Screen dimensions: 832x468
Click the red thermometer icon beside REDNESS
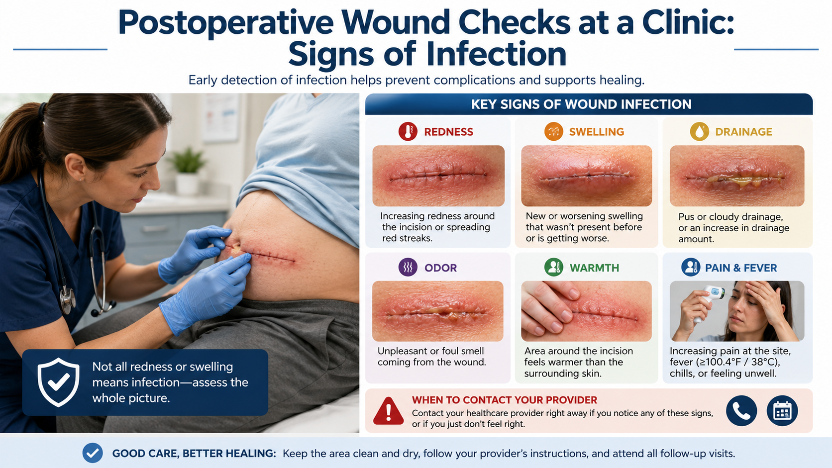(408, 131)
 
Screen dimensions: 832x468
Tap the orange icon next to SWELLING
(553, 131)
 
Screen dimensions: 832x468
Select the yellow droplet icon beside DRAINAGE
(700, 131)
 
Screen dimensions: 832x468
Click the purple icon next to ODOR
(408, 267)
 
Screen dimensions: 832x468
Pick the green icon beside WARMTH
(553, 267)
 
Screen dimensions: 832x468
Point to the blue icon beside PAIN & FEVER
(691, 267)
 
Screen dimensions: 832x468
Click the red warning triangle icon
(388, 411)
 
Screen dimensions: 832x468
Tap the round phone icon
(741, 410)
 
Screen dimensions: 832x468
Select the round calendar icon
(782, 410)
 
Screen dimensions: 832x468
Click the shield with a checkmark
(58, 382)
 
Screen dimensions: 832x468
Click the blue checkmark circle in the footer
(93, 453)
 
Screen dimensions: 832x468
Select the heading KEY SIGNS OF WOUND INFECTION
(581, 104)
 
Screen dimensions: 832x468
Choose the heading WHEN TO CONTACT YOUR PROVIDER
(505, 400)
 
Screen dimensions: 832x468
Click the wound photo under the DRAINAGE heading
(737, 176)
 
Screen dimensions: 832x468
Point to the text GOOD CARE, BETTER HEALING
(194, 454)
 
